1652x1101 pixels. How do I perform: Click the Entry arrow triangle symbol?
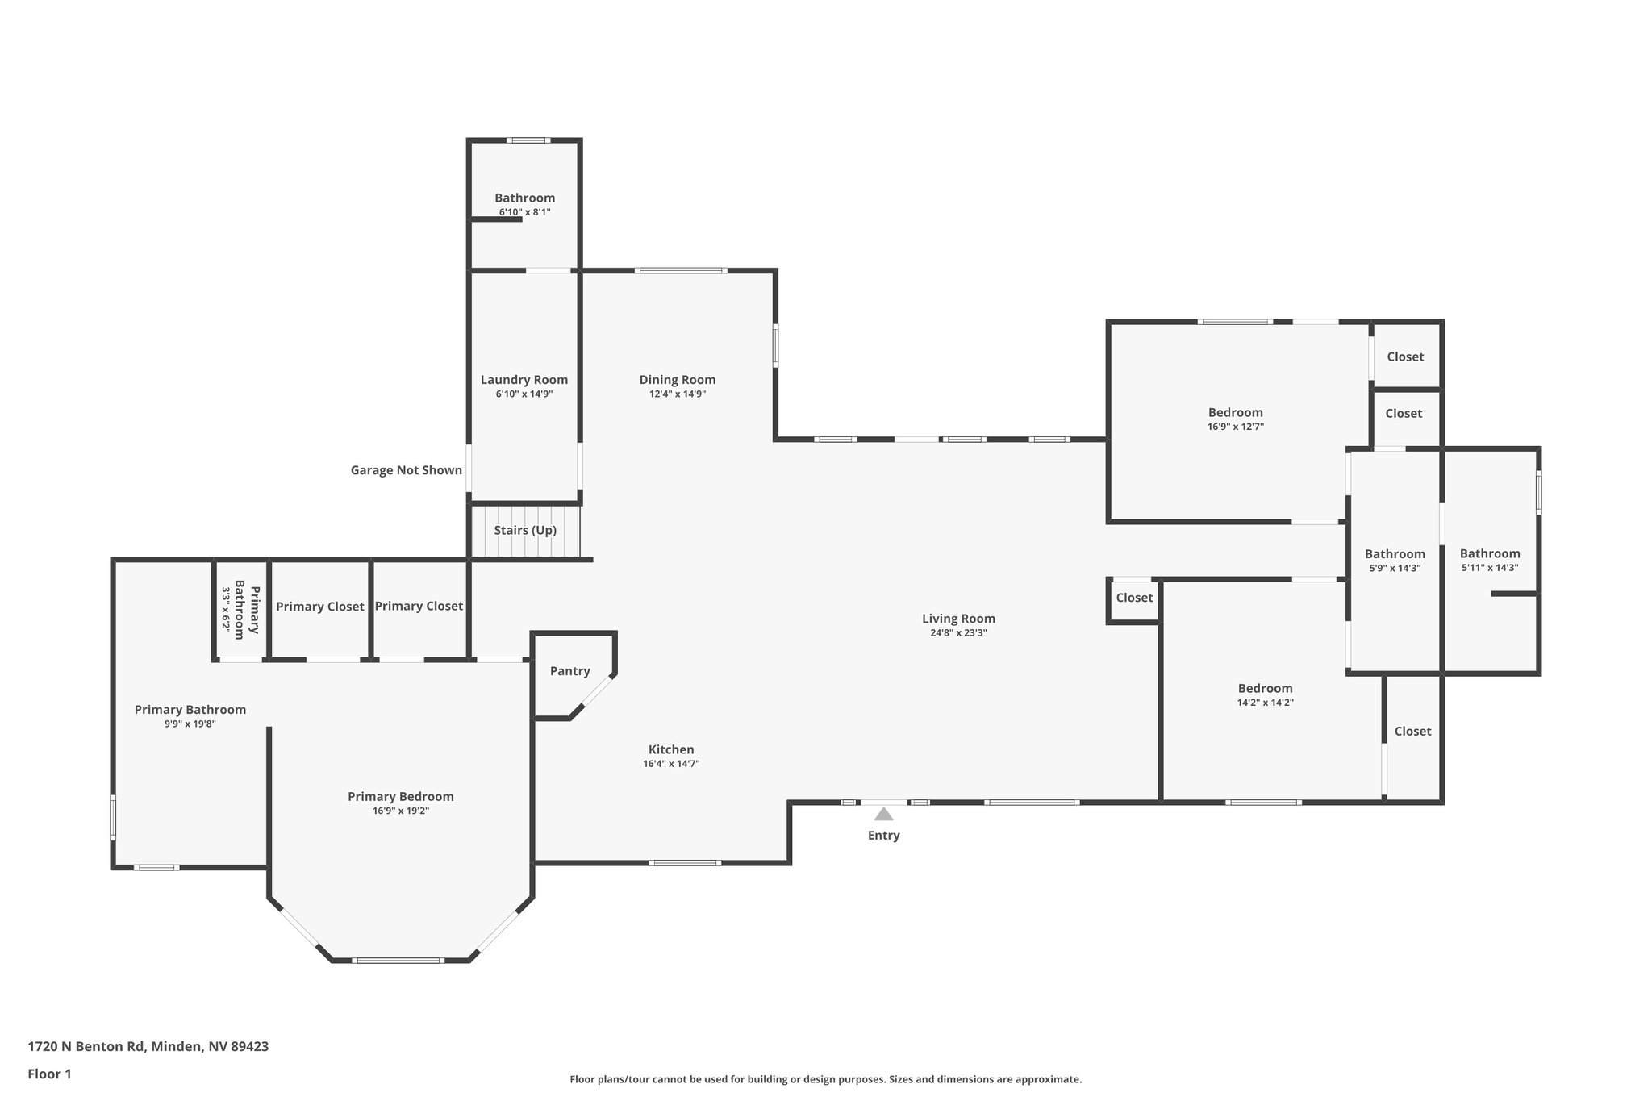[x=883, y=814]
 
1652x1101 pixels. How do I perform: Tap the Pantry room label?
[x=569, y=671]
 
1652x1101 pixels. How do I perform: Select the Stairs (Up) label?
[x=525, y=531]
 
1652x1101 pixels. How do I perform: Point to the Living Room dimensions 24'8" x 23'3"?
[x=958, y=633]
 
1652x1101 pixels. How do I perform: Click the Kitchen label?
[x=671, y=749]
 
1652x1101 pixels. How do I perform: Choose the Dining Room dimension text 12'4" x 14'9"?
[x=678, y=394]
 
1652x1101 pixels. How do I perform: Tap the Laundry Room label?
[x=524, y=380]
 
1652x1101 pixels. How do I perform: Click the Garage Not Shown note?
[x=406, y=470]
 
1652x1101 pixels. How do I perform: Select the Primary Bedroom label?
[x=400, y=797]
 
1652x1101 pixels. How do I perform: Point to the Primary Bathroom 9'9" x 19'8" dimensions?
[x=190, y=724]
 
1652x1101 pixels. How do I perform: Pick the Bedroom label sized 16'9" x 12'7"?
[x=1235, y=413]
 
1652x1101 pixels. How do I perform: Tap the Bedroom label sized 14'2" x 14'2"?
[x=1265, y=689]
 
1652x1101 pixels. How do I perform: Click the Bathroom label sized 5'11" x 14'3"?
[x=1489, y=553]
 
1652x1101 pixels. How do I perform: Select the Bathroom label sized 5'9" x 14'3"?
[x=1395, y=554]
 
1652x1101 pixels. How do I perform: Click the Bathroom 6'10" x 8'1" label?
[x=524, y=198]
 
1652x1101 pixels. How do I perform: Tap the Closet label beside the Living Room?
[x=1134, y=598]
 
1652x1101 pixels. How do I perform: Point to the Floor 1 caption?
[x=49, y=1074]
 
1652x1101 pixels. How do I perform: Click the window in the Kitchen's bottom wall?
[x=684, y=863]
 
